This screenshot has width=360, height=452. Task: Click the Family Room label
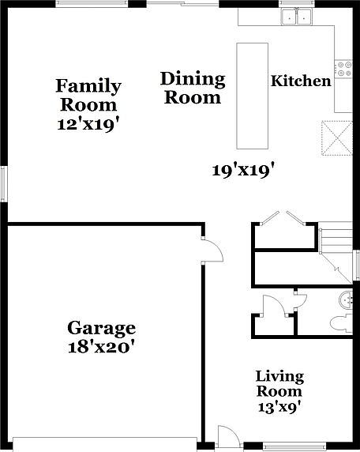[x=88, y=95]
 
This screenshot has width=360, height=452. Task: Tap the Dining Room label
[x=192, y=88]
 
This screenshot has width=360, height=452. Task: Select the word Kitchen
[x=301, y=81]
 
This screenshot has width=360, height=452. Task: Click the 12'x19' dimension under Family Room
[x=88, y=123]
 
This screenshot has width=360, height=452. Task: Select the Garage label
[x=101, y=328]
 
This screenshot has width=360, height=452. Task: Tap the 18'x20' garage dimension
[x=101, y=346]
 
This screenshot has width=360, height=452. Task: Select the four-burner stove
[x=344, y=70]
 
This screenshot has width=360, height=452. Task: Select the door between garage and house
[x=212, y=250]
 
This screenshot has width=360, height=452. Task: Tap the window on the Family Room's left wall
[x=3, y=183]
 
